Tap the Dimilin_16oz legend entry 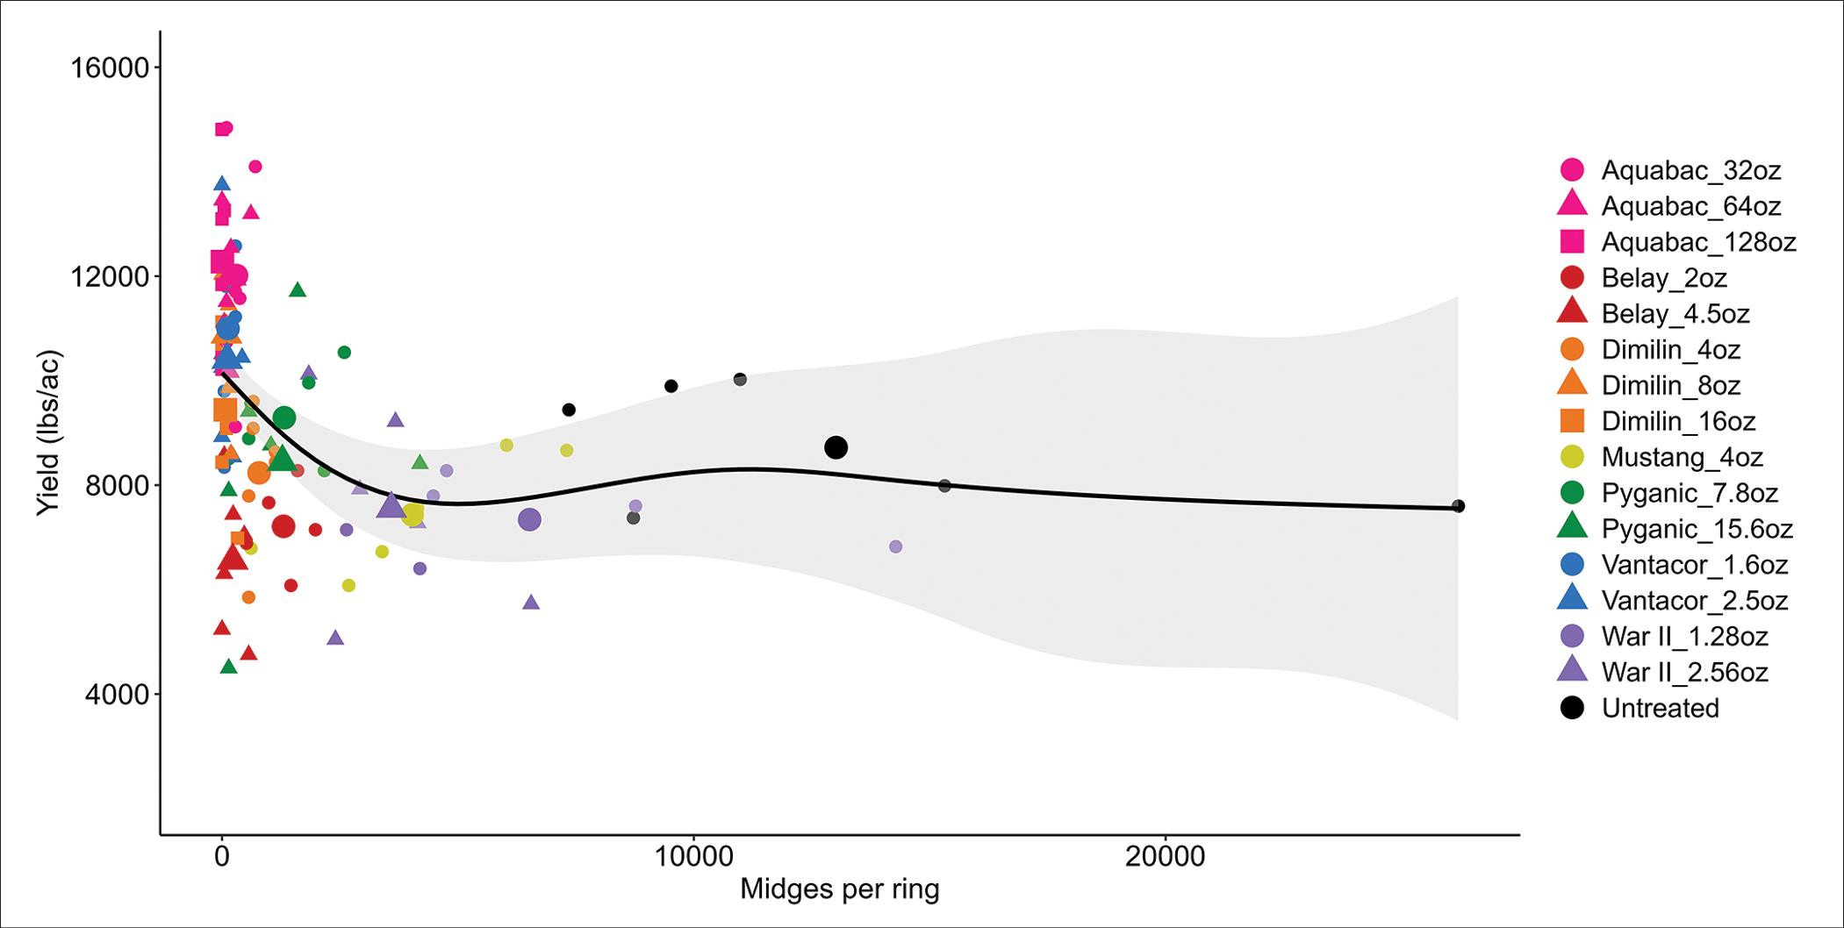pos(1677,422)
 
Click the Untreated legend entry pos(1659,709)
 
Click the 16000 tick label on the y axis pos(110,68)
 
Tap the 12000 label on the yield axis pos(110,277)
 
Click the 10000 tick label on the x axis pos(693,856)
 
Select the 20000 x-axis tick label pos(1165,856)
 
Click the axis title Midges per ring pos(839,889)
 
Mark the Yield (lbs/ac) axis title pos(48,433)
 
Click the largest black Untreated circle pos(836,448)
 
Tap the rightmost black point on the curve pos(1458,506)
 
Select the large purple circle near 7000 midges pos(529,520)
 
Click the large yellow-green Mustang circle pos(413,515)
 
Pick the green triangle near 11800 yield pos(298,290)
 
